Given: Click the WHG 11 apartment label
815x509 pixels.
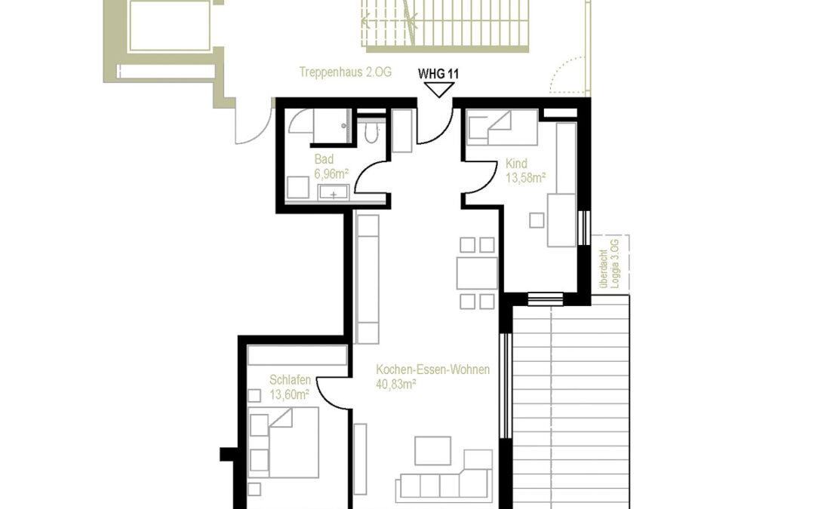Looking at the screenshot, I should pos(438,74).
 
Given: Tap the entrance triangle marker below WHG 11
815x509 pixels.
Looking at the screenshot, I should pos(438,90).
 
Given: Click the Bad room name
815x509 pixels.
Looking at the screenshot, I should pos(324,160).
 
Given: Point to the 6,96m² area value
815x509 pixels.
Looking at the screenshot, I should pos(331,173).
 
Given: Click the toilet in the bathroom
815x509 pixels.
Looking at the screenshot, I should pos(370,133).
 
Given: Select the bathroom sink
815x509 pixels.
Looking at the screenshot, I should pos(332,193).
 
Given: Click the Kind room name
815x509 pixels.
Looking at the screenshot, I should pos(517,164).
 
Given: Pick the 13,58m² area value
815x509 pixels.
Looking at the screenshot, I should pos(526,178).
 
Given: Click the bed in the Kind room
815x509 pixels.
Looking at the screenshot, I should pos(501,126).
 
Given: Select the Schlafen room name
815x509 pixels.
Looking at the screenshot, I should pos(290,380).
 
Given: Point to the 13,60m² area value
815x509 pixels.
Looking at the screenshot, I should pos(290,394).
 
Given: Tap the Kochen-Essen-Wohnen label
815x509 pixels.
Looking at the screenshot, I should pos(433,369).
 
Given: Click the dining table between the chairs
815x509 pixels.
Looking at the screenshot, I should pos(477,273).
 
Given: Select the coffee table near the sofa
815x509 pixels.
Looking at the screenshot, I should pos(432,451).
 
